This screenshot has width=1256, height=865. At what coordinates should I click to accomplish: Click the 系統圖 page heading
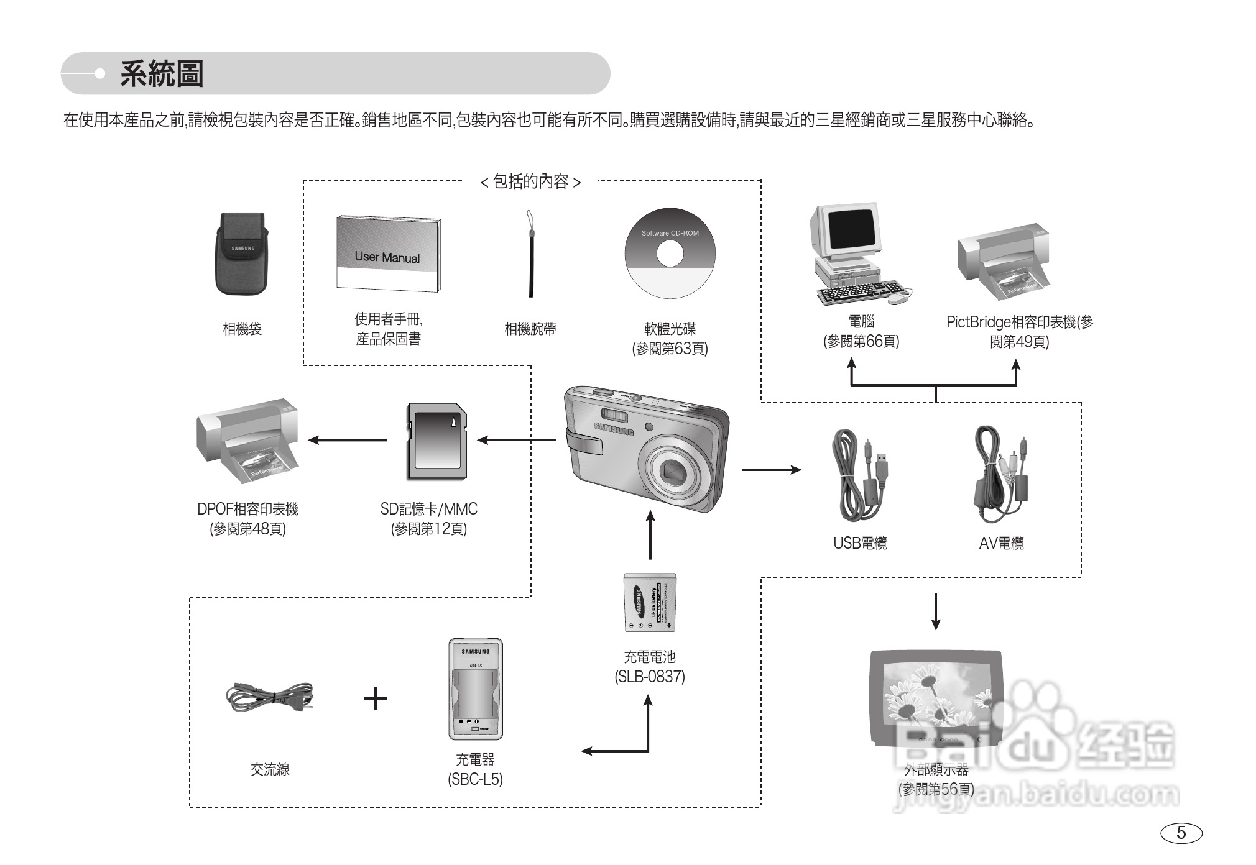[x=162, y=74]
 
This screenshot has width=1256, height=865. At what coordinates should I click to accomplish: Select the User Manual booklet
[x=389, y=254]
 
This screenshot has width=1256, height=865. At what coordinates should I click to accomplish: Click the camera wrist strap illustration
[x=530, y=255]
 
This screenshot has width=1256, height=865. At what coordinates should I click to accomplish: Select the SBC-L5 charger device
[x=476, y=689]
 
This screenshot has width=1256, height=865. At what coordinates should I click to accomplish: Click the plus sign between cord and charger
[x=376, y=699]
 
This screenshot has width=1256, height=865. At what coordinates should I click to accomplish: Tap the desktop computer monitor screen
[x=853, y=229]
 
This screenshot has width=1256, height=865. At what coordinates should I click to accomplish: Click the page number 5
[x=1181, y=833]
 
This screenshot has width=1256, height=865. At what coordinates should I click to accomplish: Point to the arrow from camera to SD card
[x=516, y=440]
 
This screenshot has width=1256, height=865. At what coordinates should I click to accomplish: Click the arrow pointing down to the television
[x=935, y=612]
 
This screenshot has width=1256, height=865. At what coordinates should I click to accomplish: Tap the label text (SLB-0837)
[x=650, y=677]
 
